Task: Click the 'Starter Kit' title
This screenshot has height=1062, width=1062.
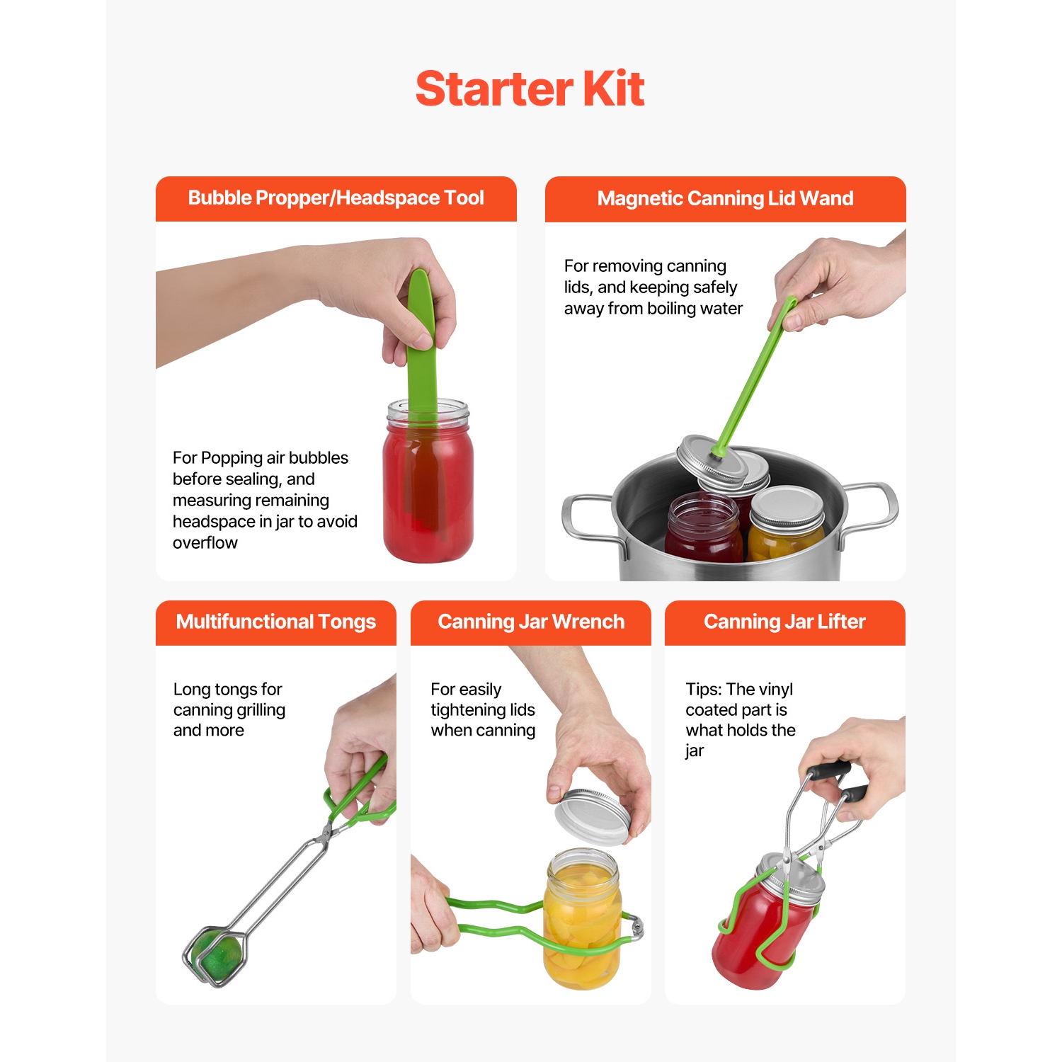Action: (530, 89)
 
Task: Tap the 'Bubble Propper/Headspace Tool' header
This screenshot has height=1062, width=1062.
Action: (336, 198)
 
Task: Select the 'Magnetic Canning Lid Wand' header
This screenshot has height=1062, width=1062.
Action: (725, 198)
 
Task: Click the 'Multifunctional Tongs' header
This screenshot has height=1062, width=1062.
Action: (275, 622)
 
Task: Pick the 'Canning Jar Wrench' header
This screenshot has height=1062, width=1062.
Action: (531, 622)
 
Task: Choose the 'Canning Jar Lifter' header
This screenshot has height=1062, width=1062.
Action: (784, 622)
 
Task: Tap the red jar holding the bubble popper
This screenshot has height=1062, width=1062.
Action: (428, 496)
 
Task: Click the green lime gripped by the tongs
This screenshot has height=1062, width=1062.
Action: (216, 956)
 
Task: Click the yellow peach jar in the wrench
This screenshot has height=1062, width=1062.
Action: (582, 920)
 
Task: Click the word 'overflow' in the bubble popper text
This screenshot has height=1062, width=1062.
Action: (205, 543)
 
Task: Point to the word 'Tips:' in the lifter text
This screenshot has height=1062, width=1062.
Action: (704, 690)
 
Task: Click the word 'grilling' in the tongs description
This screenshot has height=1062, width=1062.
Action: (259, 710)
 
